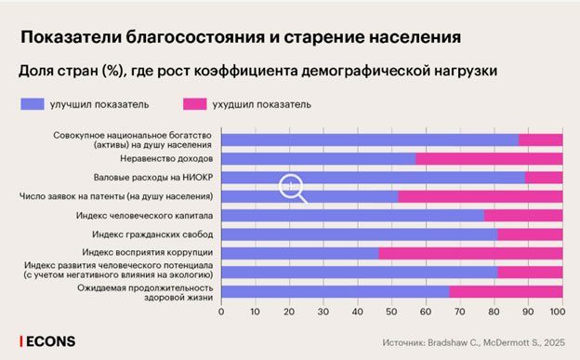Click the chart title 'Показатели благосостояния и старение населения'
point(241,37)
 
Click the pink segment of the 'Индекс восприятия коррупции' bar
point(470,253)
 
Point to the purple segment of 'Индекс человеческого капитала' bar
point(352,215)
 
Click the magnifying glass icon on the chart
point(293,189)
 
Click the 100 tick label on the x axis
point(559,312)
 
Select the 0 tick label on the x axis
point(221,312)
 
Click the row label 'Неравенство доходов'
point(161,158)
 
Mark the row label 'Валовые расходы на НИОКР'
point(153,177)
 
